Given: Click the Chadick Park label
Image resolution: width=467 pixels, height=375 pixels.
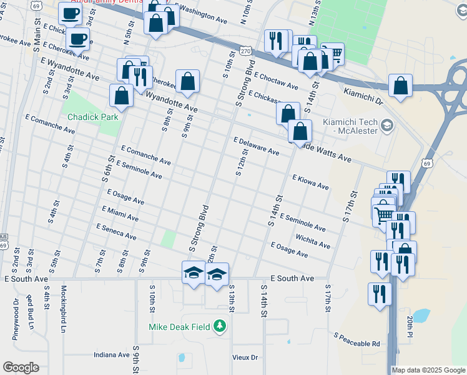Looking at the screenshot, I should pos(93,116).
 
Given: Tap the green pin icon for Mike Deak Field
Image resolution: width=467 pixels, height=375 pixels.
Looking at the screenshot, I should pos(219,326).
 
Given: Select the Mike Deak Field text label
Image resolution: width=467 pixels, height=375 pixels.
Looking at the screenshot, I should pos(180,326).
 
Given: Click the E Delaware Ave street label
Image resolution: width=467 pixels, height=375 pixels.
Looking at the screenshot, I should pos(256,146).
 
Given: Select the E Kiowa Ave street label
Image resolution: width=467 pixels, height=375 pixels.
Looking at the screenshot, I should pos(310,182).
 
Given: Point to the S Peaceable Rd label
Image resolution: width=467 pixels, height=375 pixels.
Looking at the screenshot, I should pos(356,340).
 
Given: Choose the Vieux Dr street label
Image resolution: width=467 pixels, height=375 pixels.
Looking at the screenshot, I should pos(245,357).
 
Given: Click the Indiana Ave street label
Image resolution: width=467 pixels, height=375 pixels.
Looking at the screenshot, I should pos(111,354).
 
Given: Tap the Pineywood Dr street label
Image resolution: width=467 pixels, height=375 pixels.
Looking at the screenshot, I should pos(16,319).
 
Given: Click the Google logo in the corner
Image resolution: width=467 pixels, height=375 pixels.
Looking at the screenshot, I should pos(21,367).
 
